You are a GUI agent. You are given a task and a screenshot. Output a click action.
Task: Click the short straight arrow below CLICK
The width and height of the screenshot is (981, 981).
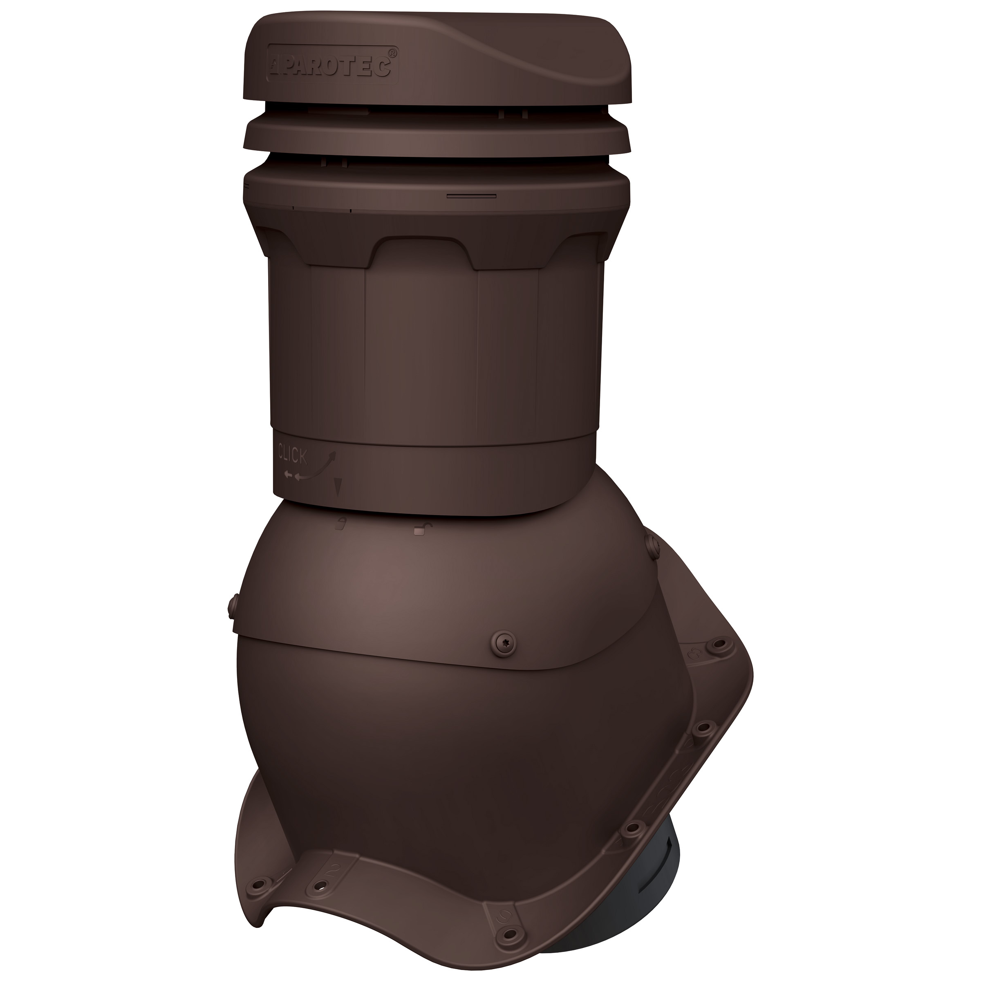coord(289,475)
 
